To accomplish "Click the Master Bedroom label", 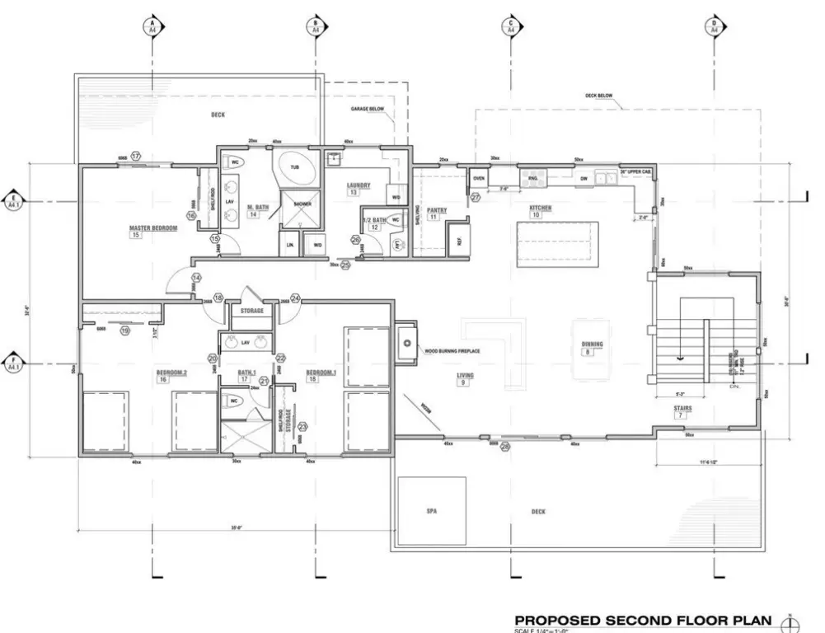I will [x=153, y=227].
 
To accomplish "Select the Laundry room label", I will [x=359, y=185].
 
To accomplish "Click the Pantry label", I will [x=437, y=210].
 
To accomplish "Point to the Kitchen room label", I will [x=541, y=208].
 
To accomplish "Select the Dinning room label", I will [x=593, y=345].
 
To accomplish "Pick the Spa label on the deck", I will [x=431, y=511].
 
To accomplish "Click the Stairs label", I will [x=682, y=408].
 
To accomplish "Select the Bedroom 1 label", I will [x=324, y=373].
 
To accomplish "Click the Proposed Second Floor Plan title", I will [x=643, y=620].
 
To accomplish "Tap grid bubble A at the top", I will [x=152, y=26].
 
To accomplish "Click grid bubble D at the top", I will [x=715, y=26].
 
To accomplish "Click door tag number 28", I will [x=504, y=447].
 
